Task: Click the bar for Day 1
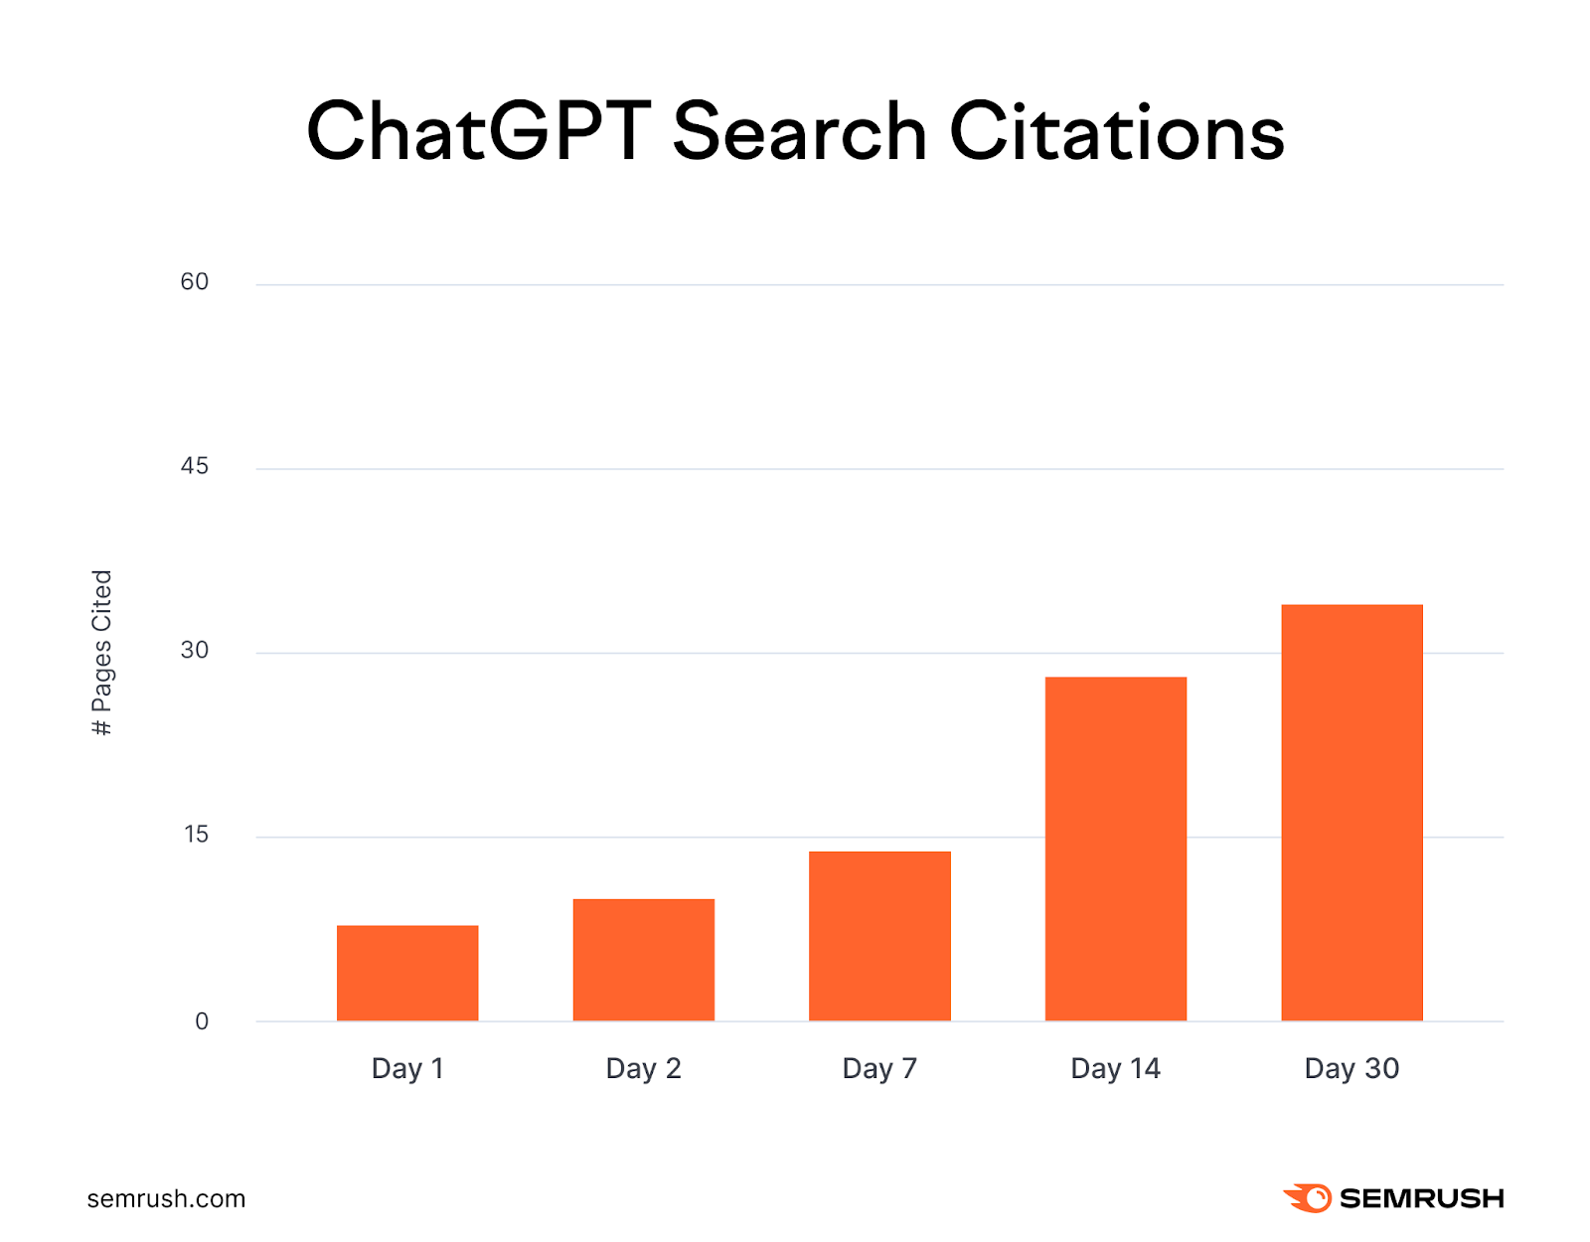pyautogui.click(x=407, y=973)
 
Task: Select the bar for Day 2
pyautogui.click(x=644, y=960)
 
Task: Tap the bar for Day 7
pyautogui.click(x=879, y=936)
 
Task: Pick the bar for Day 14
pyautogui.click(x=1116, y=849)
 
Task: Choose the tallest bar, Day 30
pyautogui.click(x=1351, y=813)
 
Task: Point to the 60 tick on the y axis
pyautogui.click(x=195, y=282)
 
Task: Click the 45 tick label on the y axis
pyautogui.click(x=195, y=466)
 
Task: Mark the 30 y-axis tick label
pyautogui.click(x=195, y=651)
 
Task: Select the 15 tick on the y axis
pyautogui.click(x=196, y=835)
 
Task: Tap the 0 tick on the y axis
pyautogui.click(x=202, y=1021)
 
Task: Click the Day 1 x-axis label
pyautogui.click(x=407, y=1069)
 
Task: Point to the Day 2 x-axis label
pyautogui.click(x=644, y=1069)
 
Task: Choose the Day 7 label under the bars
pyautogui.click(x=879, y=1069)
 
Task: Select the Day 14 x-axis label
pyautogui.click(x=1115, y=1069)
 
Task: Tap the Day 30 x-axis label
pyautogui.click(x=1351, y=1069)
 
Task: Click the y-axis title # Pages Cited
pyautogui.click(x=102, y=653)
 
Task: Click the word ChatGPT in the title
pyautogui.click(x=478, y=131)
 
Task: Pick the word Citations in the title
pyautogui.click(x=1117, y=131)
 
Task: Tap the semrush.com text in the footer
pyautogui.click(x=166, y=1199)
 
